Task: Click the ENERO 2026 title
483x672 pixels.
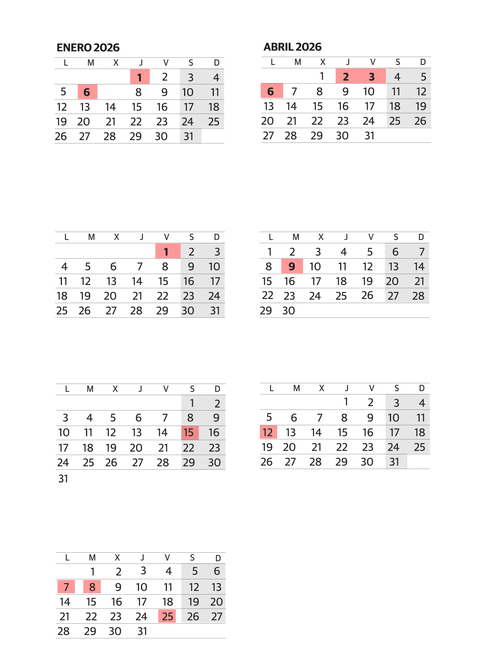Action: pyautogui.click(x=88, y=48)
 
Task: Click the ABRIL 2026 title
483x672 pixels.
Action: pyautogui.click(x=293, y=47)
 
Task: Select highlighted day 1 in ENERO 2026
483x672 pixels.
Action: pyautogui.click(x=140, y=77)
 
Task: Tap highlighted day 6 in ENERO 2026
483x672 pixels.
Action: pyautogui.click(x=87, y=92)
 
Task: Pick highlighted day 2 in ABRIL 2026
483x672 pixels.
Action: pyautogui.click(x=346, y=76)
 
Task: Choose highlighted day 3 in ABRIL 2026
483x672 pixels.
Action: pyautogui.click(x=372, y=76)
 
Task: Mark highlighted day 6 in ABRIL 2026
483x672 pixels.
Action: pyautogui.click(x=271, y=91)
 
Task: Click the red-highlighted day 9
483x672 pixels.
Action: pyautogui.click(x=292, y=266)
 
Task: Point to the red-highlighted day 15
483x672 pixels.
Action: pyautogui.click(x=189, y=433)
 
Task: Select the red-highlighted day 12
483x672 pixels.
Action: pyautogui.click(x=268, y=432)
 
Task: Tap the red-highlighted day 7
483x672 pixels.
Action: pyautogui.click(x=66, y=587)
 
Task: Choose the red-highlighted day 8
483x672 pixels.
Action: pyautogui.click(x=92, y=587)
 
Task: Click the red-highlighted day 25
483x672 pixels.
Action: pyautogui.click(x=167, y=616)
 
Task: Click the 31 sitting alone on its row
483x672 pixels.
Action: pyautogui.click(x=63, y=478)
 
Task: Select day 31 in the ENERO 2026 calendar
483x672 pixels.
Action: pyautogui.click(x=189, y=136)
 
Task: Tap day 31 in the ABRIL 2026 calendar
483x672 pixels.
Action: pyautogui.click(x=370, y=135)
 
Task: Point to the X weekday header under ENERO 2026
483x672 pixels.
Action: pyautogui.click(x=116, y=63)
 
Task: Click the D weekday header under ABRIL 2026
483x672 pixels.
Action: pyautogui.click(x=423, y=62)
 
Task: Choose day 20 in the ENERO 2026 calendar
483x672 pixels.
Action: pyautogui.click(x=84, y=121)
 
